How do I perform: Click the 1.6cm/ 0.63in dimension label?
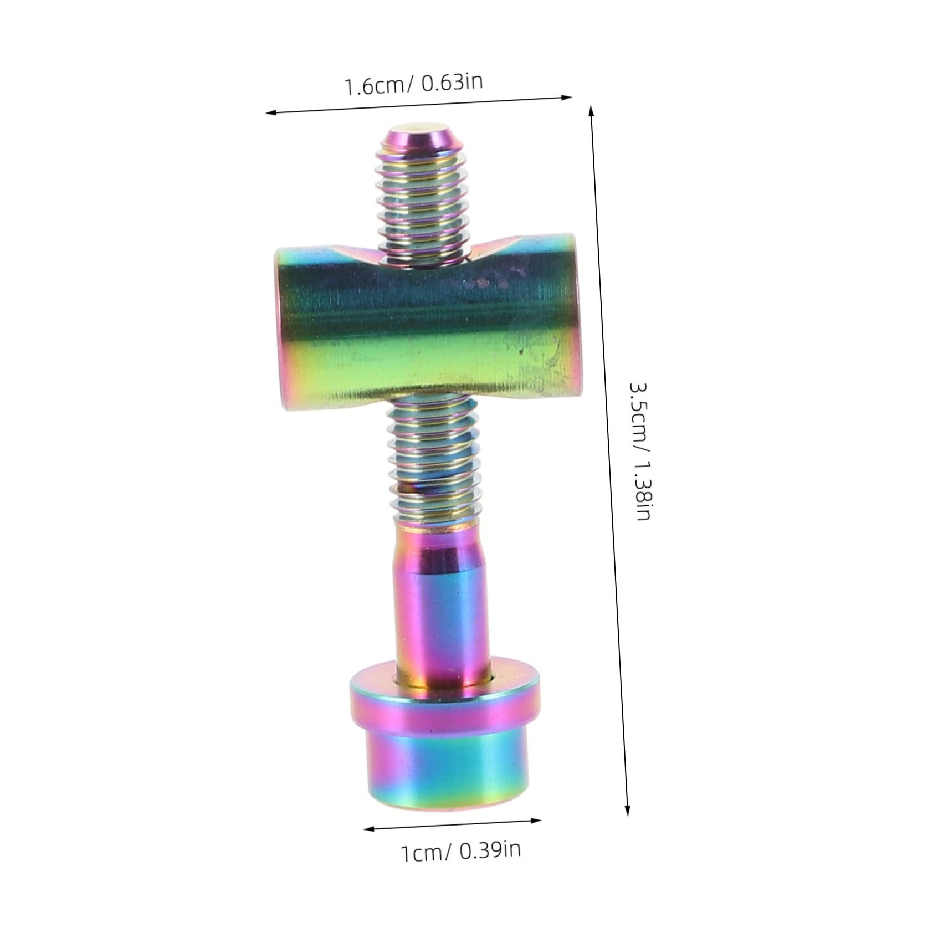point(413,85)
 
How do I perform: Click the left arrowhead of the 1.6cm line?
point(270,113)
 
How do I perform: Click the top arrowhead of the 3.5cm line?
point(592,111)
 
